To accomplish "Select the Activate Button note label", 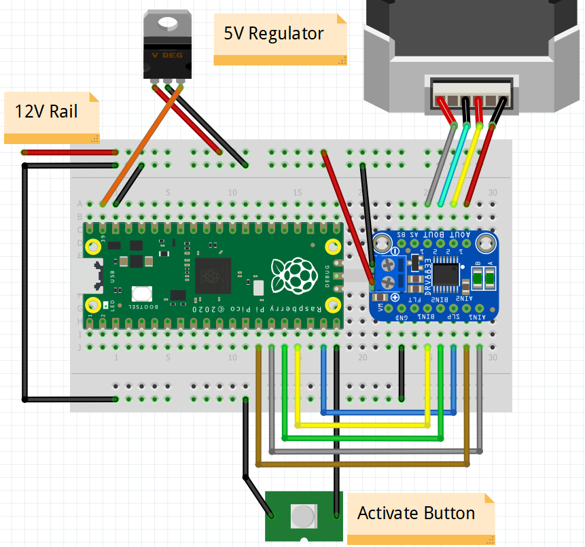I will point(416,513).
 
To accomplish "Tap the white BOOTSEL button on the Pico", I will point(142,294).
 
